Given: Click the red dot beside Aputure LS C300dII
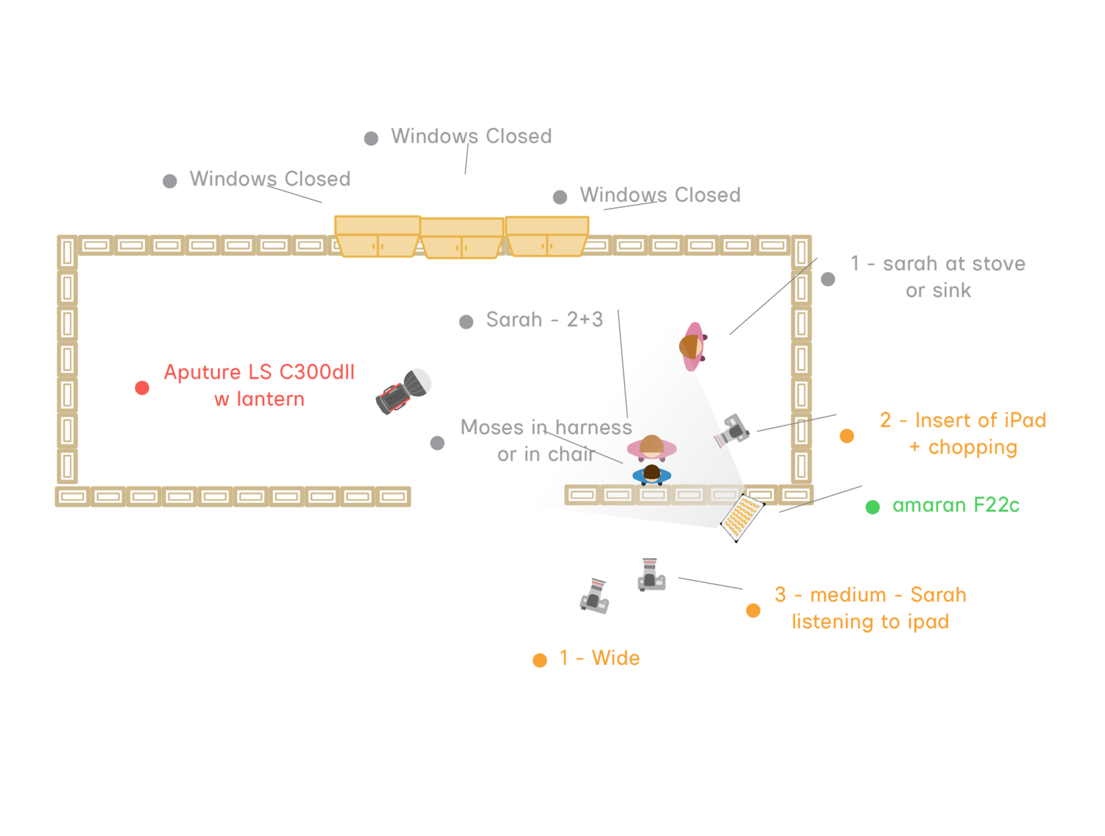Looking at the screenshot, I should pos(142,388).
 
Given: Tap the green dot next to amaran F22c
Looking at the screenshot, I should pos(872,507).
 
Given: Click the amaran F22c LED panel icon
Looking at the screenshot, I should pos(742,517).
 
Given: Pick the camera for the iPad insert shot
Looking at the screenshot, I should pos(732,430).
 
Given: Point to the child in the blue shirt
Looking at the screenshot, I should pos(651,474).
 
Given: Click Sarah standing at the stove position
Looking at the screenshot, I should pos(692,346).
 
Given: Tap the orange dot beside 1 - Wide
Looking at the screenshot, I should pos(539,660).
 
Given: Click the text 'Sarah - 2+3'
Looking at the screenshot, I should pos(544,320).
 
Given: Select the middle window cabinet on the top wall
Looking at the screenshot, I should pos(461,238).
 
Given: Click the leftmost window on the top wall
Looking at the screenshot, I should pos(377,236).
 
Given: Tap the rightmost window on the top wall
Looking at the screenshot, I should pos(547,236).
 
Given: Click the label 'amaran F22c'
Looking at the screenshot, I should pos(956,506).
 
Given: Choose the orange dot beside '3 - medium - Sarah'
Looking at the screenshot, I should pos(753,610).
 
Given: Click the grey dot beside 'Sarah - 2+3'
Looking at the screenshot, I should pos(466,322).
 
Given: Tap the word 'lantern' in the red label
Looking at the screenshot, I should pos(270,400).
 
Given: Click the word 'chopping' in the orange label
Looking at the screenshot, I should pos(973,448).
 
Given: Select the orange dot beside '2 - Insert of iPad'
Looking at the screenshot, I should pos(847,436).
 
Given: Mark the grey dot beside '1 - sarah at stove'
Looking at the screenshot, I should pos(828,279).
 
